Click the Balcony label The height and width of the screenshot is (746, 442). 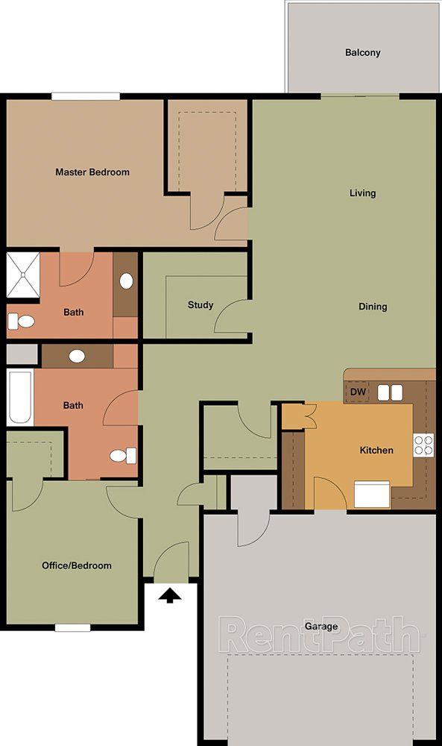click(x=363, y=52)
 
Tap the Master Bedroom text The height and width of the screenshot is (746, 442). click(x=92, y=172)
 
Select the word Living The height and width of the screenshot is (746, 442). click(x=363, y=192)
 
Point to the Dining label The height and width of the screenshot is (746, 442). click(x=373, y=307)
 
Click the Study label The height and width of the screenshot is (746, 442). click(x=201, y=305)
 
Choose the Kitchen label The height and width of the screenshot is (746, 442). click(x=376, y=450)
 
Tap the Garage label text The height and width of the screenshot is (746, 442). click(x=321, y=626)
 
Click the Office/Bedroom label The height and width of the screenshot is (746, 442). click(x=77, y=565)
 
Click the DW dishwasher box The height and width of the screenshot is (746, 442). click(x=358, y=392)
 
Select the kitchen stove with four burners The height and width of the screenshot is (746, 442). click(x=423, y=445)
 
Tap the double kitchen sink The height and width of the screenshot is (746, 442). click(x=390, y=392)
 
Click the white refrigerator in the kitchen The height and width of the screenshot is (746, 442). click(x=372, y=495)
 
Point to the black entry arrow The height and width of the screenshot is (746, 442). click(x=170, y=595)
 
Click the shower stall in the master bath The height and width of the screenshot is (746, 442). click(x=23, y=275)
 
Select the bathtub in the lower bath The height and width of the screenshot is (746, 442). click(x=19, y=398)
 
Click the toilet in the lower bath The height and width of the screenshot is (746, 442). click(x=123, y=456)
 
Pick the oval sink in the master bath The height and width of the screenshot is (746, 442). click(x=126, y=280)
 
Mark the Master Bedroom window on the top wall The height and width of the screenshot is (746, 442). click(x=86, y=96)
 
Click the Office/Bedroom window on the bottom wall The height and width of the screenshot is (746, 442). click(x=72, y=627)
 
